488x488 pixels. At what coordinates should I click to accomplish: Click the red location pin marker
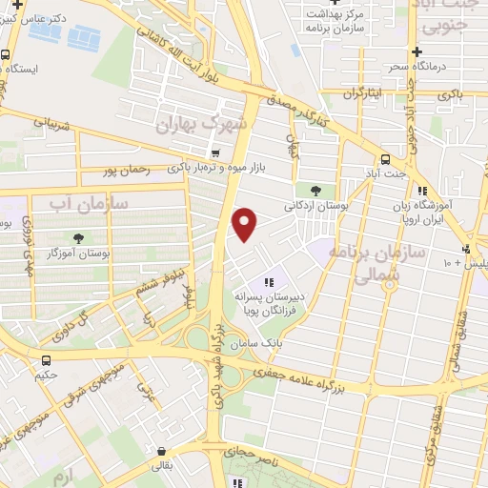(x=245, y=224)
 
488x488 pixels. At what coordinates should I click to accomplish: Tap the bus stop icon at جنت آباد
(x=385, y=159)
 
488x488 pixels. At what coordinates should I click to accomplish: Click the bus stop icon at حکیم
(x=47, y=359)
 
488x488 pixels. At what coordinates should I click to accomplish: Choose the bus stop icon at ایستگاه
(x=6, y=54)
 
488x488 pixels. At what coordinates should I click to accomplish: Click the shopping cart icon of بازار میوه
(x=216, y=152)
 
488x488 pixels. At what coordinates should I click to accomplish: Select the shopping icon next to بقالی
(x=160, y=453)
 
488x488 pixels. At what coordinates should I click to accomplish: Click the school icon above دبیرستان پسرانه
(x=269, y=282)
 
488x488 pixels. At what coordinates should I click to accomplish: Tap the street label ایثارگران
(x=362, y=93)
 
